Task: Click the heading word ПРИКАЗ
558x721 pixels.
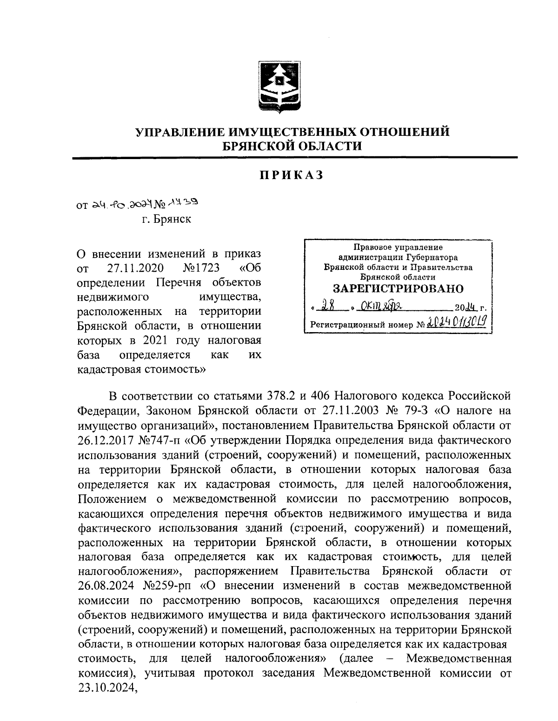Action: [291, 176]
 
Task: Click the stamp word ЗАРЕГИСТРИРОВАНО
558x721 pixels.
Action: [398, 288]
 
